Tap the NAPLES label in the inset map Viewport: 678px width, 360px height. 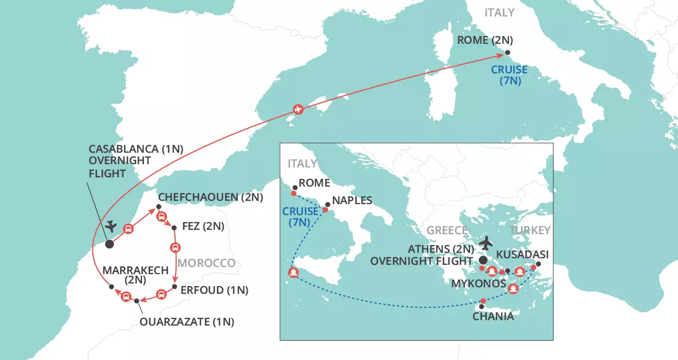[352, 201]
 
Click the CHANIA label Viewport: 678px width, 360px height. [493, 316]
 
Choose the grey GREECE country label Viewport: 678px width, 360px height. [447, 230]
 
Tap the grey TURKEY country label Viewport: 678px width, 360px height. [530, 230]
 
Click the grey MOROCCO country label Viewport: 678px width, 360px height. [206, 263]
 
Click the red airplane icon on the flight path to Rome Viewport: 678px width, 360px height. [298, 109]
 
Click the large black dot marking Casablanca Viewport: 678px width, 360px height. [109, 244]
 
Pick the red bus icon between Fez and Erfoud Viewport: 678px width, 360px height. [175, 247]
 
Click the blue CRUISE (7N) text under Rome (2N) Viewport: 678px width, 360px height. [509, 76]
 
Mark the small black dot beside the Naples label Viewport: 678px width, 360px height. [328, 204]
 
